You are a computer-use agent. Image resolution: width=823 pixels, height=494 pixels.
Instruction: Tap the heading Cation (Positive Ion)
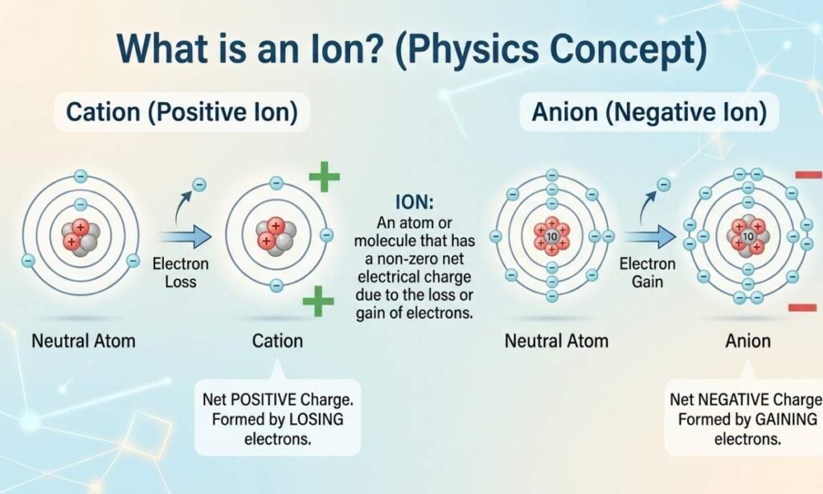coord(182,113)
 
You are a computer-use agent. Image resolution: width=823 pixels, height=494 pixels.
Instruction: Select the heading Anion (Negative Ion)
coord(649,113)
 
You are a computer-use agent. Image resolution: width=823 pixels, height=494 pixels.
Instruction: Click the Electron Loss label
coord(181,272)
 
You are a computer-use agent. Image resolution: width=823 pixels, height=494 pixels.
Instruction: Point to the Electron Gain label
coord(647,272)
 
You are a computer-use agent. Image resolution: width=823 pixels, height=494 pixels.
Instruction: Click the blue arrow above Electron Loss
coord(185,237)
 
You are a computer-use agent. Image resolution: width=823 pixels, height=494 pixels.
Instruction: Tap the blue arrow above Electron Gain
coord(649,237)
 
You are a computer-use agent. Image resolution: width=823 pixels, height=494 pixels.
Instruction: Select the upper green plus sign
coord(325,176)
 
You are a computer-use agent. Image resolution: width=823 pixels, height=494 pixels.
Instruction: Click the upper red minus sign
coord(809,175)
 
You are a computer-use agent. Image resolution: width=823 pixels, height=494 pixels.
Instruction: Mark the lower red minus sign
coord(803,307)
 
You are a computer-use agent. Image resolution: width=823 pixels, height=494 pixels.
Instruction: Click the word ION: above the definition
coord(414,202)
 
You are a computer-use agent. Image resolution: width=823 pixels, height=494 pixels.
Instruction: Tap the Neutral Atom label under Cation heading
coord(84,341)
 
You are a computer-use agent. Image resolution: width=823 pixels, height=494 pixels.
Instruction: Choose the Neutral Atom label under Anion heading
coord(556,341)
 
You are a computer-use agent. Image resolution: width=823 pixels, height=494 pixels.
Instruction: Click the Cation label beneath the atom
coord(277,341)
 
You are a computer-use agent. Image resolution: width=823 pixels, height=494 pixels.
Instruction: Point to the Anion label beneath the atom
coord(748,341)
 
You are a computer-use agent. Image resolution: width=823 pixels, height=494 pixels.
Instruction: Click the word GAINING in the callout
coord(786,419)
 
